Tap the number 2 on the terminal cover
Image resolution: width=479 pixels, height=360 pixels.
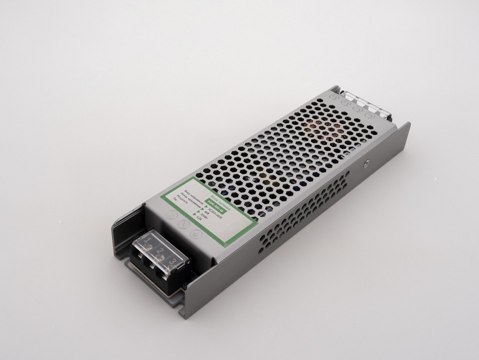(160, 250)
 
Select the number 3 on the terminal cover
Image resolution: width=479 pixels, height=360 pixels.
(172, 261)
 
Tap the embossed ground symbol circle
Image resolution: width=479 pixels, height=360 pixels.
(194, 233)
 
